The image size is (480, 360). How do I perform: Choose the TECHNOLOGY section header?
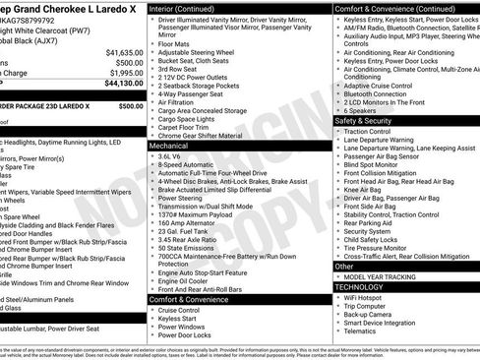(x=361, y=286)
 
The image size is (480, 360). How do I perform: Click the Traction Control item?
(x=368, y=131)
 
